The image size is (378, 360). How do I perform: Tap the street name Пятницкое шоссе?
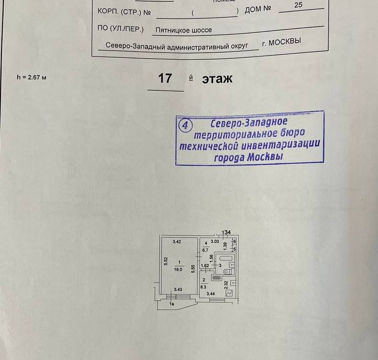tap(184, 30)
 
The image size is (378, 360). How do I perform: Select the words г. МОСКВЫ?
tap(281, 42)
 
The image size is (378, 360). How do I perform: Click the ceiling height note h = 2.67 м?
tap(31, 77)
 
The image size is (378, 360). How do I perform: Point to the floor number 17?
tap(165, 78)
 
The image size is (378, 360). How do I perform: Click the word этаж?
tap(217, 78)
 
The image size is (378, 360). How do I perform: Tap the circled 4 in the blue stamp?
tap(185, 126)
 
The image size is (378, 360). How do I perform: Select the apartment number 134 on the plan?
tap(226, 232)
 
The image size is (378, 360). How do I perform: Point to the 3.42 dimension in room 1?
tap(177, 242)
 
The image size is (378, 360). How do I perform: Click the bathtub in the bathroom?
tap(225, 258)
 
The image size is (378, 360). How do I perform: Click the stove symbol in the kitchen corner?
tap(228, 293)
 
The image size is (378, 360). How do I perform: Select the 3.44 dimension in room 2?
tap(211, 294)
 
